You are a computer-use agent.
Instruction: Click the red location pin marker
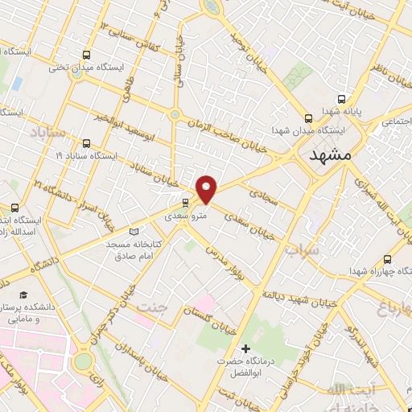(x=208, y=189)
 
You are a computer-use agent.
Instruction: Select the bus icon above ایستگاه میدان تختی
(x=85, y=55)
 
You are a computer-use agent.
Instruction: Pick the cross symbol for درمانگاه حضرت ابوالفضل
(x=245, y=348)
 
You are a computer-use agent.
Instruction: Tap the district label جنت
(x=152, y=307)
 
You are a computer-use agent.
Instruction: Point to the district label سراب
(x=302, y=250)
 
